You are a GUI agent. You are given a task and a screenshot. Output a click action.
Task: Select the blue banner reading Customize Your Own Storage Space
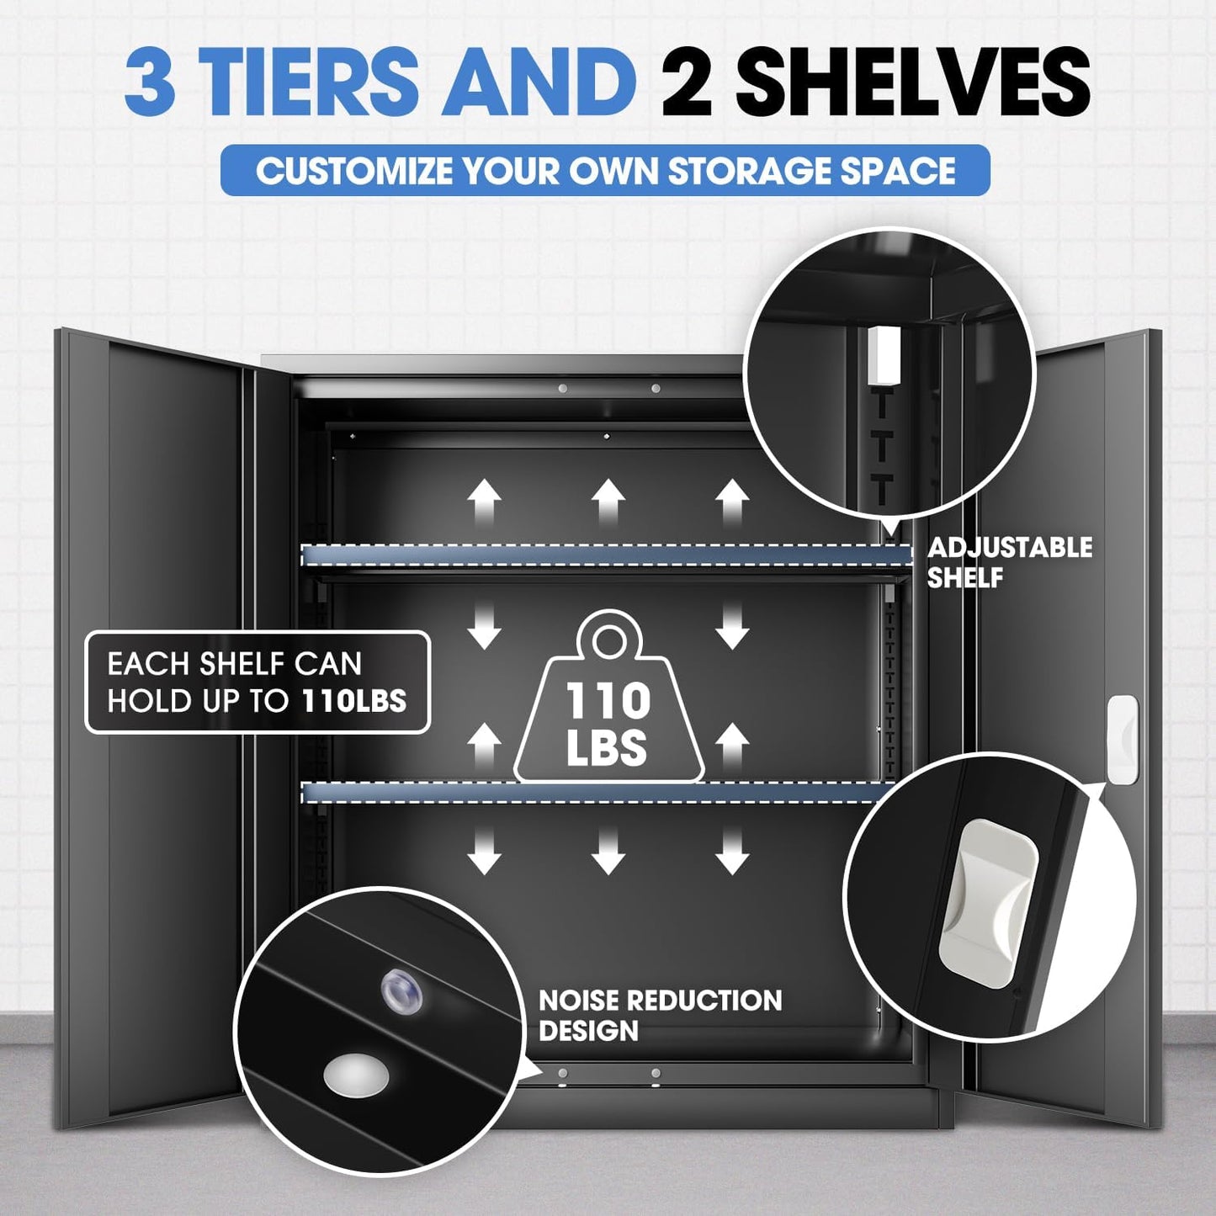[605, 170]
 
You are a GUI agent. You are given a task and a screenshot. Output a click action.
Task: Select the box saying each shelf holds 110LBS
[258, 682]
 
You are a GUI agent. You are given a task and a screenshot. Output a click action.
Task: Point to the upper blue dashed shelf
[607, 555]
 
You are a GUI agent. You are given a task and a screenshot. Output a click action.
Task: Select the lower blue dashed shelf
[597, 793]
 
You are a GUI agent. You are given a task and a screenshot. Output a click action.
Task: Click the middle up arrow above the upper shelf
[608, 501]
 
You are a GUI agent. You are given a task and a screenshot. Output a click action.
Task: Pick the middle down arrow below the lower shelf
[608, 852]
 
